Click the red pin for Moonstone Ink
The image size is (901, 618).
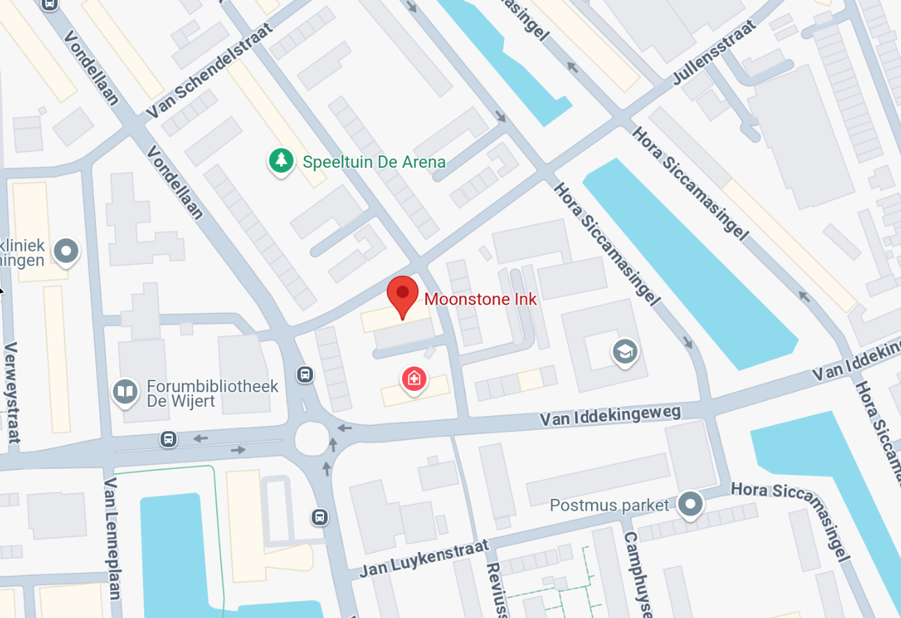402,295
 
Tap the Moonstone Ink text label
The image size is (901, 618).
480,299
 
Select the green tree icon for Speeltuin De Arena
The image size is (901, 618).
281,161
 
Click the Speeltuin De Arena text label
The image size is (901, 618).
374,162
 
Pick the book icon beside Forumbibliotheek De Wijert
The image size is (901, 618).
125,392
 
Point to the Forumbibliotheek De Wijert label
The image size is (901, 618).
212,393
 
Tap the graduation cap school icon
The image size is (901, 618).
624,352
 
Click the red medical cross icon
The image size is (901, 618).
414,379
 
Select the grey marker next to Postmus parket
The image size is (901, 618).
691,503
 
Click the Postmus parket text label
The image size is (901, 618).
609,504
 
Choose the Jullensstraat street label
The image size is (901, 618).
714,53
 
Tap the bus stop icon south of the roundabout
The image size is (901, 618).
319,517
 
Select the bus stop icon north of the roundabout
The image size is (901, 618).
305,375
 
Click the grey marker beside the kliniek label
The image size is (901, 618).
66,250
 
